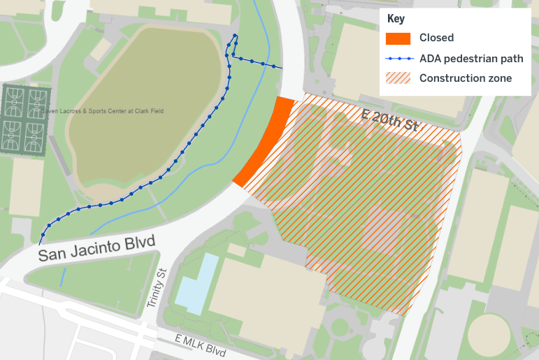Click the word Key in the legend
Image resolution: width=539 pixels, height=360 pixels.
(x=396, y=20)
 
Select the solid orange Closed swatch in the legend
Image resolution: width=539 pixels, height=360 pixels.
(x=398, y=38)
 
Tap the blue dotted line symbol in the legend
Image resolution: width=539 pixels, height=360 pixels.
(x=398, y=59)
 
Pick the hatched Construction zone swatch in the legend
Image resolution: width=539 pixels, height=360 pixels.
(x=398, y=78)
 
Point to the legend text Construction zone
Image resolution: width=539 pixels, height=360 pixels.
(x=465, y=78)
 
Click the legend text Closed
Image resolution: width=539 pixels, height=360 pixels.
(x=436, y=38)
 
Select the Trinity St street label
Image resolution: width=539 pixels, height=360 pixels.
(x=157, y=289)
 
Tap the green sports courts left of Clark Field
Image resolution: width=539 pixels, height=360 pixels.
(x=25, y=118)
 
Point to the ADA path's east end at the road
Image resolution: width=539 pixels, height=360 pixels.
(x=282, y=68)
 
